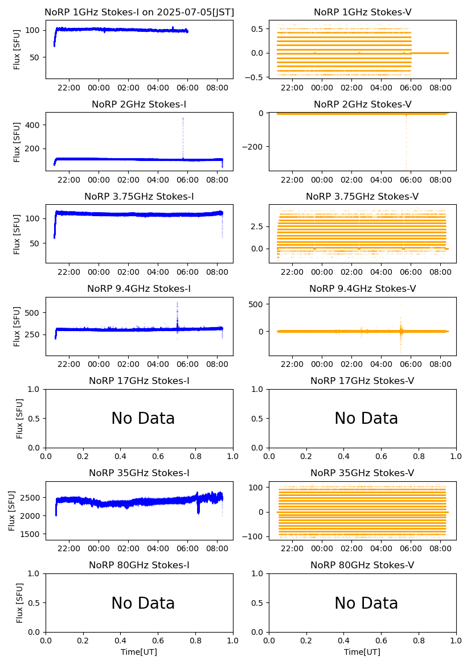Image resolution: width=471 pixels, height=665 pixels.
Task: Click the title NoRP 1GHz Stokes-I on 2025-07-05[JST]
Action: pos(139,13)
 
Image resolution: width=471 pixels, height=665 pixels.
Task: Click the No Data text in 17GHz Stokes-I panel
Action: pos(143,419)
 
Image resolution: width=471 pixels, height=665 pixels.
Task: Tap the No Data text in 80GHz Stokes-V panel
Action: pos(366,603)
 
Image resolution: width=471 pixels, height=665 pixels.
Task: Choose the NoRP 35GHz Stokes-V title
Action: pos(362,473)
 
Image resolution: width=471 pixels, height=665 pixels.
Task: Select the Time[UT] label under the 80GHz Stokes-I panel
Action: pos(139,652)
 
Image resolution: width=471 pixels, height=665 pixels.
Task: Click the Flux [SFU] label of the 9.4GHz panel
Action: pos(17,326)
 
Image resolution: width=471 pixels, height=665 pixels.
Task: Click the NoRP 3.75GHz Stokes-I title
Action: pos(139,197)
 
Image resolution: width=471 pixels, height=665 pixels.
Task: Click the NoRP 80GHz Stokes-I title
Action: pos(139,565)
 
